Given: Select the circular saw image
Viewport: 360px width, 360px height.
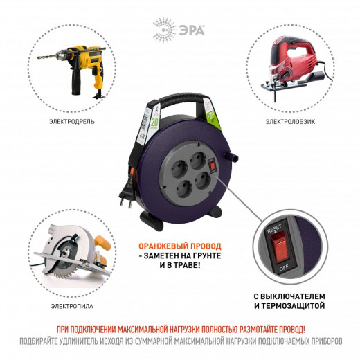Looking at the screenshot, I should [73, 260].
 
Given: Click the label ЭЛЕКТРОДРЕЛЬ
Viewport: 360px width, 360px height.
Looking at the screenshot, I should [73, 122].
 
